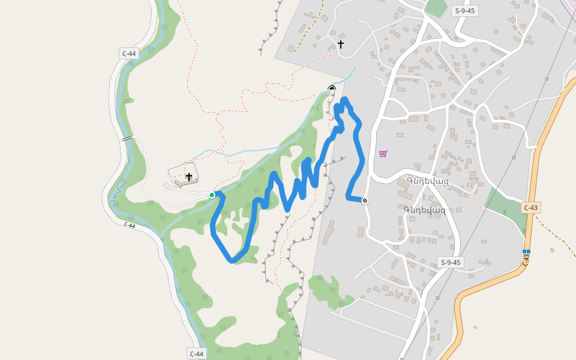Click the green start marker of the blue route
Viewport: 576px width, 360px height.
(212, 195)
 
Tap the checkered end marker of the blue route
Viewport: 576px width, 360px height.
(364, 200)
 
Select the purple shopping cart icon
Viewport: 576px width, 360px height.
(383, 154)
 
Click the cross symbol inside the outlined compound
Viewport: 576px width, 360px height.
(189, 177)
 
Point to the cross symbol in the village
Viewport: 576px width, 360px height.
(341, 44)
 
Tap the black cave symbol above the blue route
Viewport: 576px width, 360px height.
(332, 89)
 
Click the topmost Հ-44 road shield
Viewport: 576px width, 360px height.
(128, 53)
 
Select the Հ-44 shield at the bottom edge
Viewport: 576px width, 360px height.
(196, 353)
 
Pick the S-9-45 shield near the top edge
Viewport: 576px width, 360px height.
(465, 10)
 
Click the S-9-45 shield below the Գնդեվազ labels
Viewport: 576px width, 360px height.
(450, 262)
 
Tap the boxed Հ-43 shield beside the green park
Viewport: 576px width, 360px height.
(530, 208)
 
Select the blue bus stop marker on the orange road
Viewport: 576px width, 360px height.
(526, 251)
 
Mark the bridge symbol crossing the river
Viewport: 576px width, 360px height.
(127, 139)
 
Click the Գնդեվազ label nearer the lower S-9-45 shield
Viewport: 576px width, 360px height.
(425, 209)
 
